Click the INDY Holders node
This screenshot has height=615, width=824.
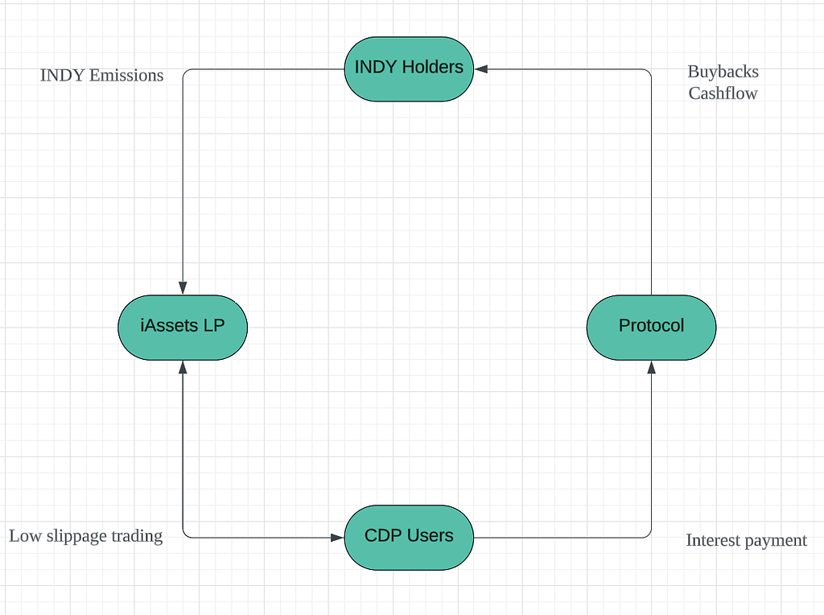click(409, 68)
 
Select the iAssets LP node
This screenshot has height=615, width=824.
click(183, 326)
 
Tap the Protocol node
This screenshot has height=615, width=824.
click(651, 326)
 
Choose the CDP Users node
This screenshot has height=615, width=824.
click(409, 536)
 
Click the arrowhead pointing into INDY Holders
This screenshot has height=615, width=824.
click(481, 69)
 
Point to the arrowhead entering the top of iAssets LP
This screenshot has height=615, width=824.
click(183, 287)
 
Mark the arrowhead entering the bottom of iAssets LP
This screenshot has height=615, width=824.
click(183, 366)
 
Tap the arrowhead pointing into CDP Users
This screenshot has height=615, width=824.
click(337, 537)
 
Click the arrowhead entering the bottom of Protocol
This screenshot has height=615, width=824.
click(651, 366)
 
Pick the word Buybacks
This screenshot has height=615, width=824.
click(723, 72)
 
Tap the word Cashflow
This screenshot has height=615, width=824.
click(723, 93)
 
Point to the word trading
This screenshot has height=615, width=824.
click(138, 536)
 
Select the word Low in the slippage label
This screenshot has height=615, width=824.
click(24, 536)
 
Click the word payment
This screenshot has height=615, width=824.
click(777, 541)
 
